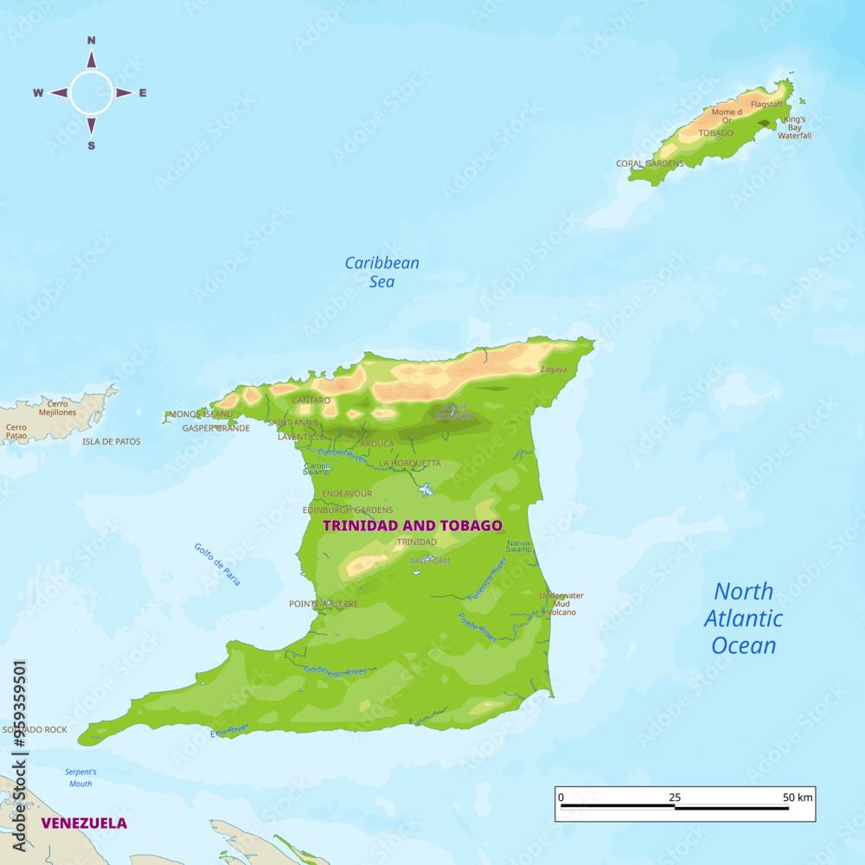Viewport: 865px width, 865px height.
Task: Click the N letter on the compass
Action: (91, 40)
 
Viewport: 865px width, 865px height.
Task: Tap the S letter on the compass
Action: (91, 145)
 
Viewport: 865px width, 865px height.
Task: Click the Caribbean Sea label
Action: (381, 272)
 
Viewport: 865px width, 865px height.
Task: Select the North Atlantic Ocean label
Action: (743, 618)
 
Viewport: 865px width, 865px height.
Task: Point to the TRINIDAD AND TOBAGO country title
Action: (412, 525)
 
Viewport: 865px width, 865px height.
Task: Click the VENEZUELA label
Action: (84, 823)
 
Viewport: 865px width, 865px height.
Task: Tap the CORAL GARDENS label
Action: (650, 163)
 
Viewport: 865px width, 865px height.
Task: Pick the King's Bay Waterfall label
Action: (794, 127)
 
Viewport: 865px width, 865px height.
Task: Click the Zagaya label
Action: (553, 369)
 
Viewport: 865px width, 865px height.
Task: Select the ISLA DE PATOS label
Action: (111, 441)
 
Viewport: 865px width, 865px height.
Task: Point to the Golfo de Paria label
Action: (217, 564)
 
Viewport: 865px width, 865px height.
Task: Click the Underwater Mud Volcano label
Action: (561, 604)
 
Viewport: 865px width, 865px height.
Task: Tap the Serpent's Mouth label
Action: (80, 778)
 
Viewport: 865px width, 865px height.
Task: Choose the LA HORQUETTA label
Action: (409, 464)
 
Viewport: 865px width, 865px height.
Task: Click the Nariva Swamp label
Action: (519, 546)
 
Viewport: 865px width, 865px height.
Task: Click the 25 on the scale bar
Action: (674, 797)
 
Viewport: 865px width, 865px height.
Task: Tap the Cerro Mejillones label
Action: (58, 408)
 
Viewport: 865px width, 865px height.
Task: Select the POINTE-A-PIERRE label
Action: (324, 604)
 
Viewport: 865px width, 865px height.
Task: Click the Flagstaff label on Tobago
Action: (766, 104)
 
